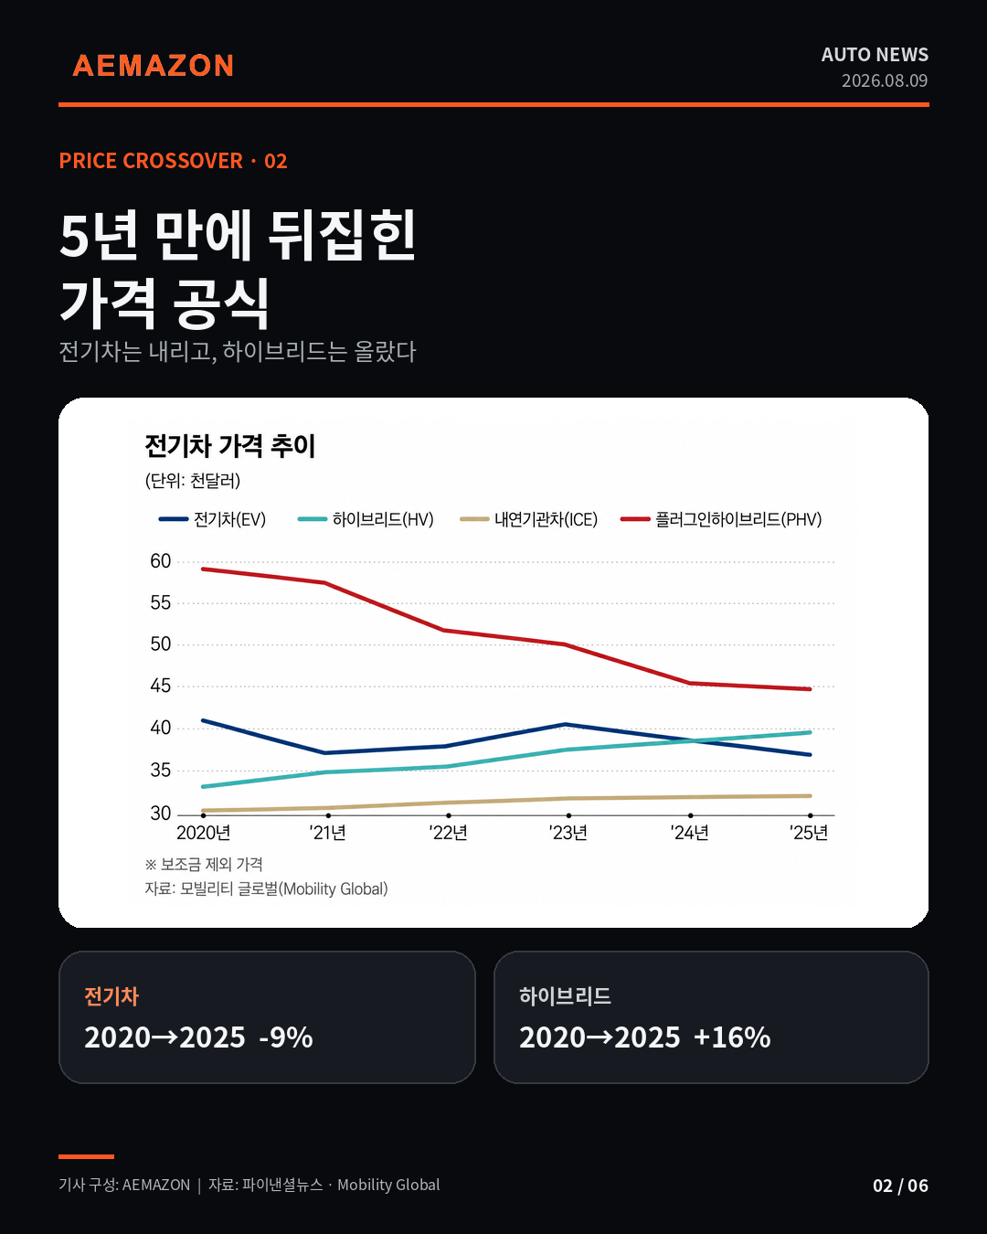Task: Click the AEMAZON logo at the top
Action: (x=154, y=66)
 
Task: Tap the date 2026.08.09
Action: (x=885, y=80)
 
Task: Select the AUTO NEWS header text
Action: (x=875, y=55)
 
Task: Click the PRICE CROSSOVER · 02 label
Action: (x=174, y=161)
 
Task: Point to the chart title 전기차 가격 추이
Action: (x=230, y=445)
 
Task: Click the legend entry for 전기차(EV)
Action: (x=213, y=519)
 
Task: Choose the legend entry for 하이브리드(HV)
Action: (x=366, y=519)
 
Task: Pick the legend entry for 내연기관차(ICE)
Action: (x=529, y=519)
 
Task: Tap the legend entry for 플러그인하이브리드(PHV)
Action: (x=721, y=519)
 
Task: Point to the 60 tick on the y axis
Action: (x=161, y=561)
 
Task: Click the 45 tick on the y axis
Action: (x=161, y=686)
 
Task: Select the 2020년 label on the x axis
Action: (x=204, y=833)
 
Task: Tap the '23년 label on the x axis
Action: (x=568, y=833)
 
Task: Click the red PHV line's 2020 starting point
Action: (x=204, y=569)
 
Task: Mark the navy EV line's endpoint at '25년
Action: (x=810, y=755)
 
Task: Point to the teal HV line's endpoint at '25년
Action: (x=810, y=732)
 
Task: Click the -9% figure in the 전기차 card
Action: (x=286, y=1037)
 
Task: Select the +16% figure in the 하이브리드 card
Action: (x=732, y=1037)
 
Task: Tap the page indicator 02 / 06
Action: (x=900, y=1186)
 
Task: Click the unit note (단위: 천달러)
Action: (x=193, y=481)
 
